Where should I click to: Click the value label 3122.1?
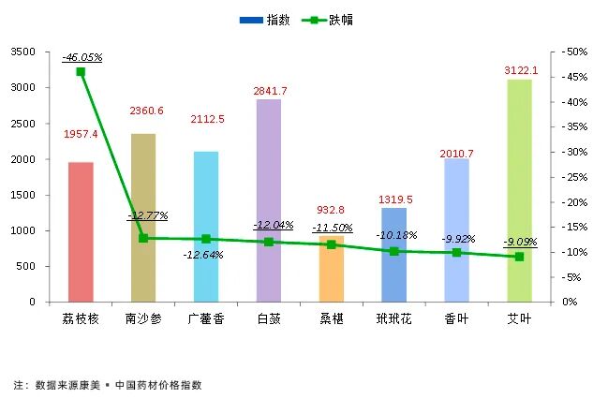pos(521,70)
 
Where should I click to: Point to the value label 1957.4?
pos(82,135)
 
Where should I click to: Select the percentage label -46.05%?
pos(82,57)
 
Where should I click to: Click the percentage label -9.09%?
pos(520,242)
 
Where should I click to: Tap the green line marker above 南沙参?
pos(143,238)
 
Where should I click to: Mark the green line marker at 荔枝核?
pos(81,71)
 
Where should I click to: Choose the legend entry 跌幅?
pos(328,19)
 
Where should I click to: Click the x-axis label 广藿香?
pos(205,319)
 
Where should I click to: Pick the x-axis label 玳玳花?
pos(393,319)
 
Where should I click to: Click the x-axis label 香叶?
pos(456,319)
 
